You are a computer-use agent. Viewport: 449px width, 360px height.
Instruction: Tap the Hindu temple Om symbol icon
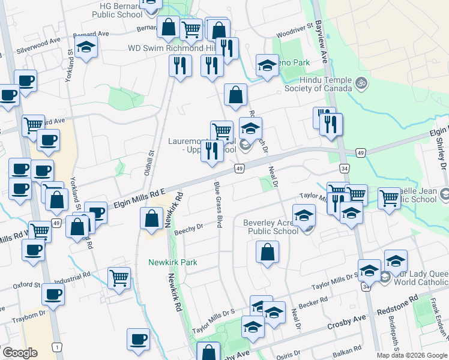pyautogui.click(x=361, y=82)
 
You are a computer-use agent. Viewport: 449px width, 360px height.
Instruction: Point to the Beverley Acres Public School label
pyautogui.click(x=271, y=227)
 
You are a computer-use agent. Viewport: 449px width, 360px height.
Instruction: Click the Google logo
pyautogui.click(x=20, y=353)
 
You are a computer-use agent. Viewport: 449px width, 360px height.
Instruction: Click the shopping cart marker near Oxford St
pyautogui.click(x=119, y=278)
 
